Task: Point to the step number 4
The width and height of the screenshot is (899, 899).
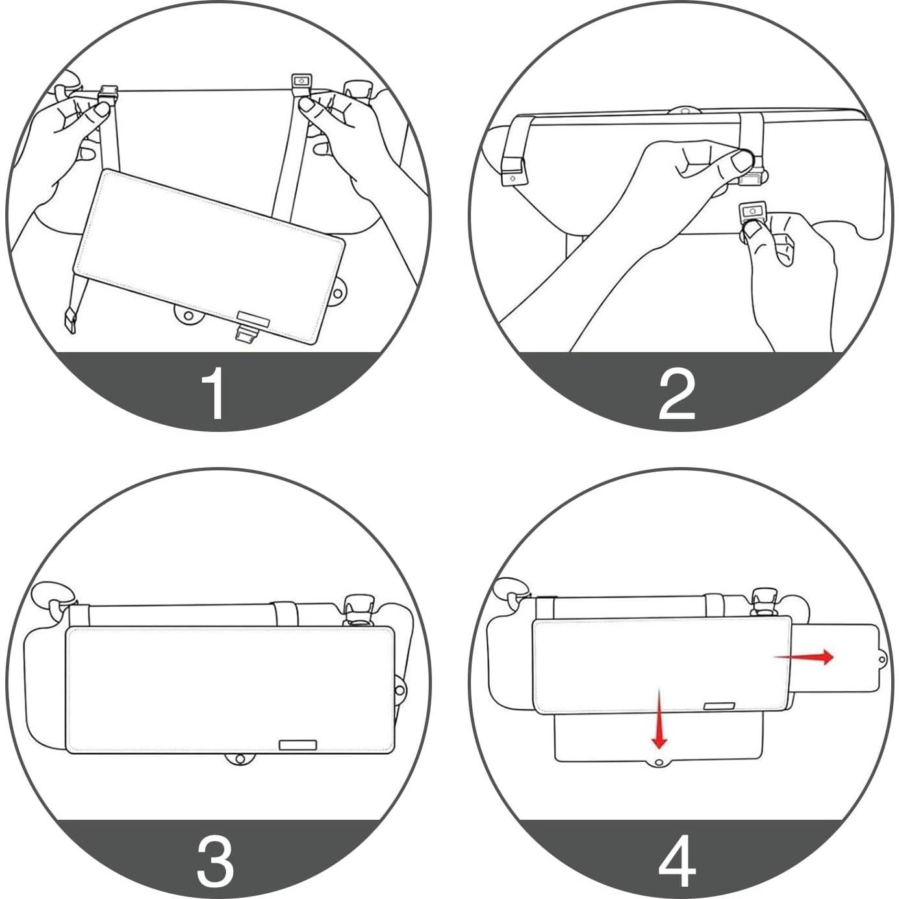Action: (677, 861)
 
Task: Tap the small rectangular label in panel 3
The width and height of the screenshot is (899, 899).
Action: (298, 745)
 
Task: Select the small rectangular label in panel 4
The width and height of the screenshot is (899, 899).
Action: (719, 706)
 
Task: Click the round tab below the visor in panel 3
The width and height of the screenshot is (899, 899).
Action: (240, 759)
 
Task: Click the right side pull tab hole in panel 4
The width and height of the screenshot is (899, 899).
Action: (881, 660)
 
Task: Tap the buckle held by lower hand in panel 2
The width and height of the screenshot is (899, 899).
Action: (753, 211)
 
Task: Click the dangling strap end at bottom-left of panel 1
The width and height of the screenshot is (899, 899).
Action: (69, 321)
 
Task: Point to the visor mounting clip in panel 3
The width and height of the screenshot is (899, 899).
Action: (356, 608)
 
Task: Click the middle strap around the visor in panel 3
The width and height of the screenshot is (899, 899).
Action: (284, 613)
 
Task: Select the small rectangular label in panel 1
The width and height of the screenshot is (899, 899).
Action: (253, 318)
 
